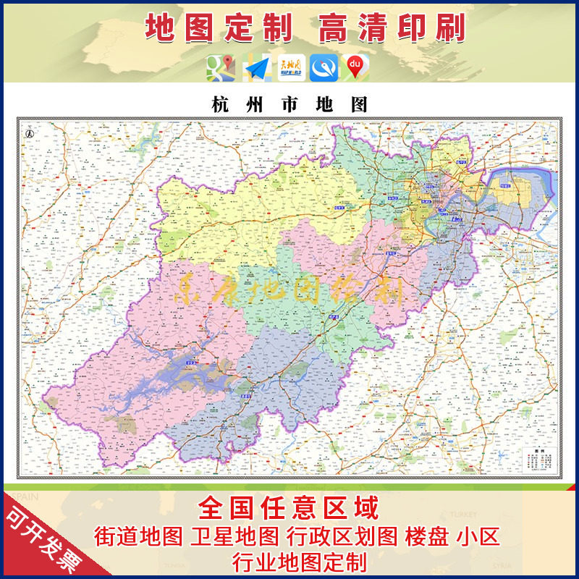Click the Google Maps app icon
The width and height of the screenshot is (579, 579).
click(220, 68)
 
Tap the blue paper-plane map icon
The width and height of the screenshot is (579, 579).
click(257, 68)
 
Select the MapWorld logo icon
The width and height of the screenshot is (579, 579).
click(291, 68)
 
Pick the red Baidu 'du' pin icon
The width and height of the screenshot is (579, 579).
click(355, 67)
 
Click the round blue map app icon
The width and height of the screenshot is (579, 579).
click(323, 68)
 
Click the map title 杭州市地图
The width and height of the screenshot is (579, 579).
click(289, 104)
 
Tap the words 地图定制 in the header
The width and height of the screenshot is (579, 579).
click(219, 28)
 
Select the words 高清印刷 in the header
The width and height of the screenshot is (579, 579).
click(392, 28)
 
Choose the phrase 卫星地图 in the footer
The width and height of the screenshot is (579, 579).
click(234, 536)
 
